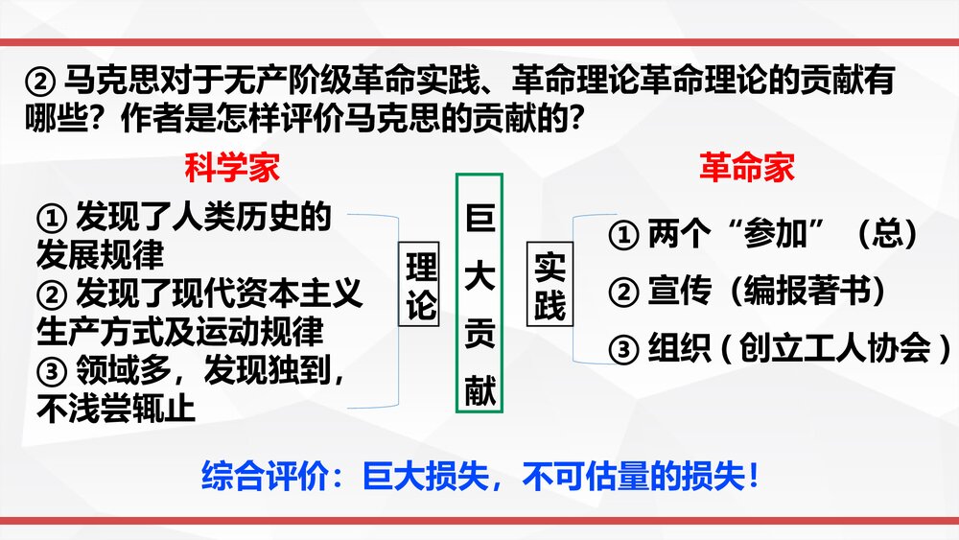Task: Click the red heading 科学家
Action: click(x=233, y=168)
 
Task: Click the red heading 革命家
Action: click(x=746, y=168)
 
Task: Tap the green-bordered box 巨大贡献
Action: click(x=479, y=293)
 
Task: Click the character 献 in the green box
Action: click(x=479, y=391)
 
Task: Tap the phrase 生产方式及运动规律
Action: click(x=180, y=332)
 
